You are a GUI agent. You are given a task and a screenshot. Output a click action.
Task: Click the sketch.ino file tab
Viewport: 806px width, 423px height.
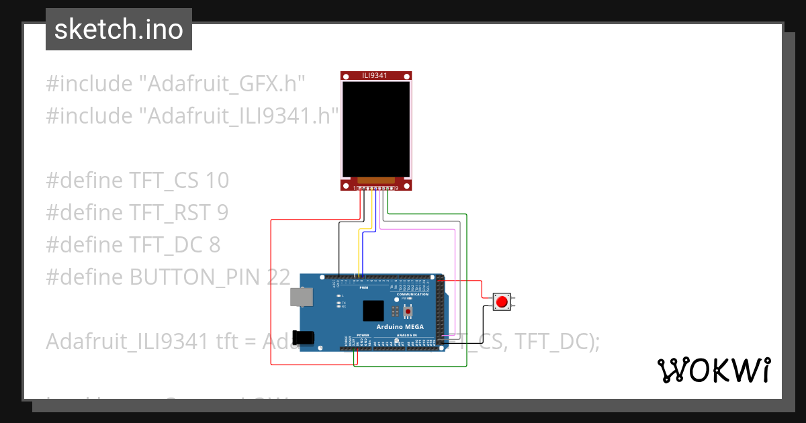pos(118,30)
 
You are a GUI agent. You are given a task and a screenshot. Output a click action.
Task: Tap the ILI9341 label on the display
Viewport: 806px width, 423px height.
pos(374,75)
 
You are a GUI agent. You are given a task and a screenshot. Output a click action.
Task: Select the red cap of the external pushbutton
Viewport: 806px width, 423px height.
pos(500,301)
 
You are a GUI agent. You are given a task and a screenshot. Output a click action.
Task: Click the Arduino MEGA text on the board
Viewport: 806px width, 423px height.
pos(398,326)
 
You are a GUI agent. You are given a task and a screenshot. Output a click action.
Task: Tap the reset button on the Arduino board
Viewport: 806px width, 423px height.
pos(408,312)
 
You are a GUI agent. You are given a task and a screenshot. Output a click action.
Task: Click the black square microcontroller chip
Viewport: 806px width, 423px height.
pos(373,310)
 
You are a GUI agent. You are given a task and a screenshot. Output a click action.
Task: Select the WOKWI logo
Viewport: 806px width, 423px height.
pos(713,370)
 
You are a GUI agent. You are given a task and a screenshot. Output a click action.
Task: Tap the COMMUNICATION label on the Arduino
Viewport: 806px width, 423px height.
pos(412,294)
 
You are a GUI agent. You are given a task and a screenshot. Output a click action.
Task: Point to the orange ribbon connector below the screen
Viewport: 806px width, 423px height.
pos(375,180)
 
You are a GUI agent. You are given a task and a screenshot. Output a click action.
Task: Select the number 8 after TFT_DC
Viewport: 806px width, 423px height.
pos(214,244)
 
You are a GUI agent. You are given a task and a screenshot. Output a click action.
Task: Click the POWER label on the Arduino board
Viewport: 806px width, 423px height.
pos(363,334)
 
